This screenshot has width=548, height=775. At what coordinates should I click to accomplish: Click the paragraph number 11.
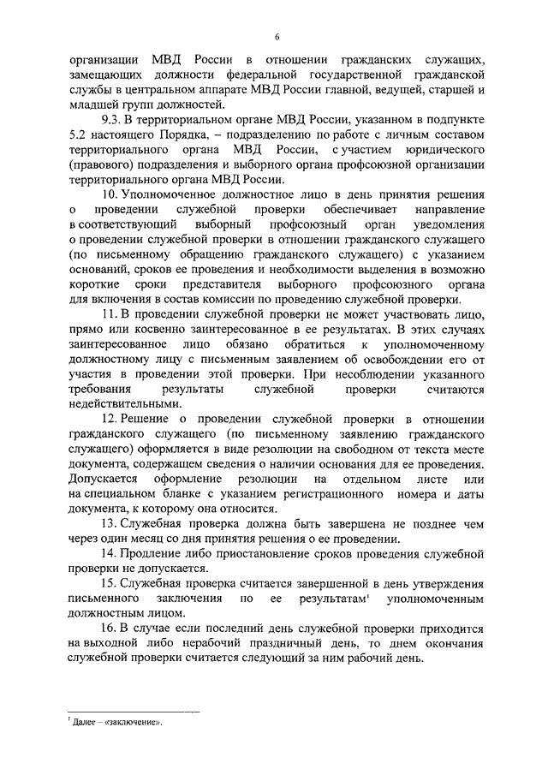[108, 316]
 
